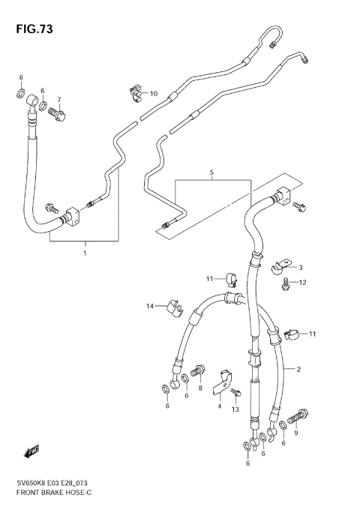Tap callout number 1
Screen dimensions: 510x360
85,253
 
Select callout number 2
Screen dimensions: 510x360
298,370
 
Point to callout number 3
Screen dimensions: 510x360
300,268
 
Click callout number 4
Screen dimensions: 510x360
220,406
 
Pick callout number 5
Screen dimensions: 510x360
211,172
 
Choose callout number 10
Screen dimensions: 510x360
154,94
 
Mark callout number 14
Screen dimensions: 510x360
149,306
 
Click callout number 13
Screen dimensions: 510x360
235,409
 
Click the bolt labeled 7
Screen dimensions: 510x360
58,114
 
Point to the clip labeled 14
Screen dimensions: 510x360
173,307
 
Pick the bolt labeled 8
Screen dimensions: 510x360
197,370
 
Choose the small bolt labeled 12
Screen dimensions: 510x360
286,283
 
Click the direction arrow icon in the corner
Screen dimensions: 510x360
31,451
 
